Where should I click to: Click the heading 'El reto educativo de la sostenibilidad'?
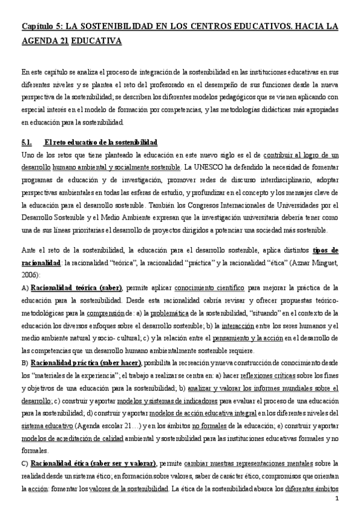coord(100,143)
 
